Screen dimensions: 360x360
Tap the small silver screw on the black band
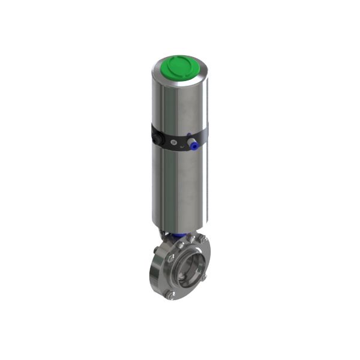coord(175,142)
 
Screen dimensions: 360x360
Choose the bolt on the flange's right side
coord(206,271)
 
